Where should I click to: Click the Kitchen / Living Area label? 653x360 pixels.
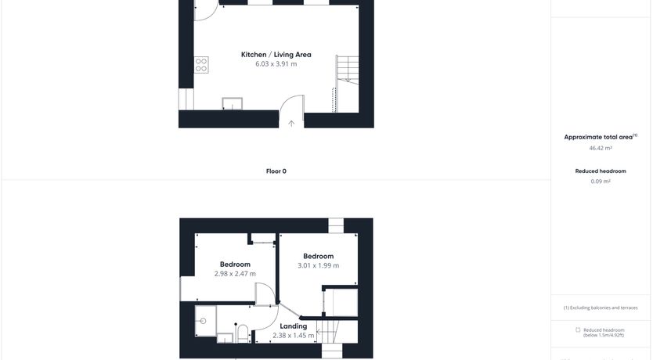coord(276,55)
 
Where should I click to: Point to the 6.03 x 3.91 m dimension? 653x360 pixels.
coord(276,64)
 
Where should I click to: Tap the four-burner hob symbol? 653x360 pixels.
coord(201,65)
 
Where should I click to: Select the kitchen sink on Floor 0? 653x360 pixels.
coord(232,103)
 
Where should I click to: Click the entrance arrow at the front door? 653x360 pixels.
coord(291,123)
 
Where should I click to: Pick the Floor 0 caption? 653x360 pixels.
coord(276,171)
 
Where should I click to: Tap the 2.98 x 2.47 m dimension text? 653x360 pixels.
coord(235,274)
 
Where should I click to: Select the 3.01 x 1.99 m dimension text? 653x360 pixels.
coord(318,265)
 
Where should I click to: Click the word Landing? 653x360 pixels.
coord(293,326)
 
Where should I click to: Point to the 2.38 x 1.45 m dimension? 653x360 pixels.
coord(293,336)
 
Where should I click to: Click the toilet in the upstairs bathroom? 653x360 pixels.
coord(243,333)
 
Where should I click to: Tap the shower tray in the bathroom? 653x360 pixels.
coord(206,321)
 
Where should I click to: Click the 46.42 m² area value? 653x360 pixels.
coord(601,148)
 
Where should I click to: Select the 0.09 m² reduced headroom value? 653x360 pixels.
coord(601,182)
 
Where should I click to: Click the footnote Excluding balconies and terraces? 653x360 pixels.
coord(601,308)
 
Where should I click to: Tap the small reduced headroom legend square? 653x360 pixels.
coord(578,330)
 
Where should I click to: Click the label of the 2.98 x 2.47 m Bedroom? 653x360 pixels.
coord(235,265)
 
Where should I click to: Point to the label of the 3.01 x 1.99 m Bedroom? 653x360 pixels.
coord(318,257)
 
